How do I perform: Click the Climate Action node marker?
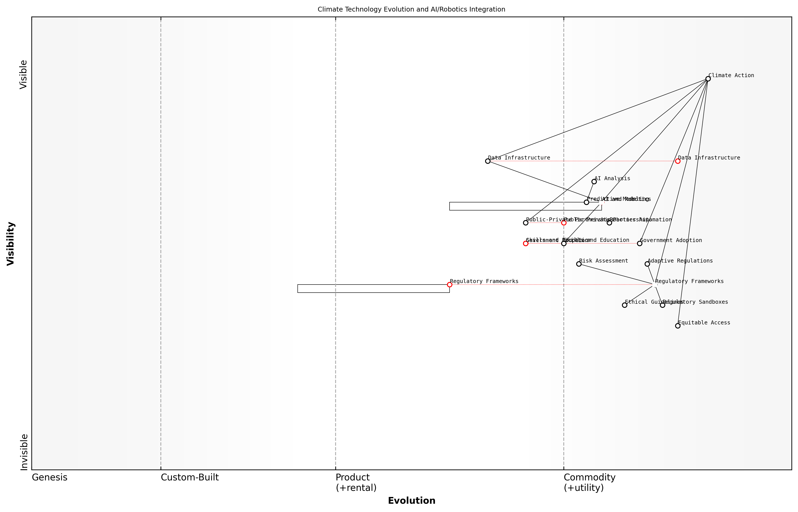click(708, 79)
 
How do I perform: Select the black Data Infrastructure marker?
click(488, 161)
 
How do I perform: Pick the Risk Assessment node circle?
click(579, 264)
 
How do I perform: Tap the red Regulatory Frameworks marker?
click(450, 285)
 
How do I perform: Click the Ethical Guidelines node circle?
click(625, 305)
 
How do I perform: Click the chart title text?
click(411, 9)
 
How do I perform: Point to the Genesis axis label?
click(49, 477)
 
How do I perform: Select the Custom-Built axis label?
click(190, 477)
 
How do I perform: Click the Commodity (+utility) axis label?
click(589, 482)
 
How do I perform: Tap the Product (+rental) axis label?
click(356, 482)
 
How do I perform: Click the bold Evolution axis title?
click(411, 501)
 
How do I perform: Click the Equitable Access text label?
click(704, 322)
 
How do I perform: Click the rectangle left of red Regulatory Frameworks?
click(374, 289)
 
